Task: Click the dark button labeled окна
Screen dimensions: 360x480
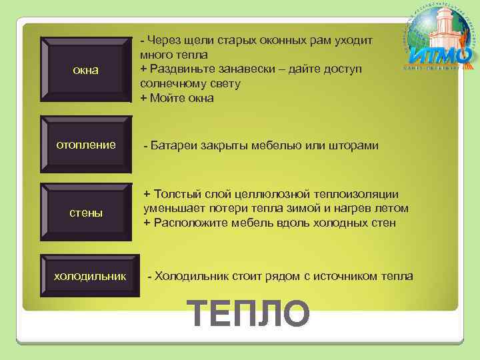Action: click(x=85, y=69)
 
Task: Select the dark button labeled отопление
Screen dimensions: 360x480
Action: click(x=85, y=145)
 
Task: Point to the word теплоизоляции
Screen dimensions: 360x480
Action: click(x=356, y=194)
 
